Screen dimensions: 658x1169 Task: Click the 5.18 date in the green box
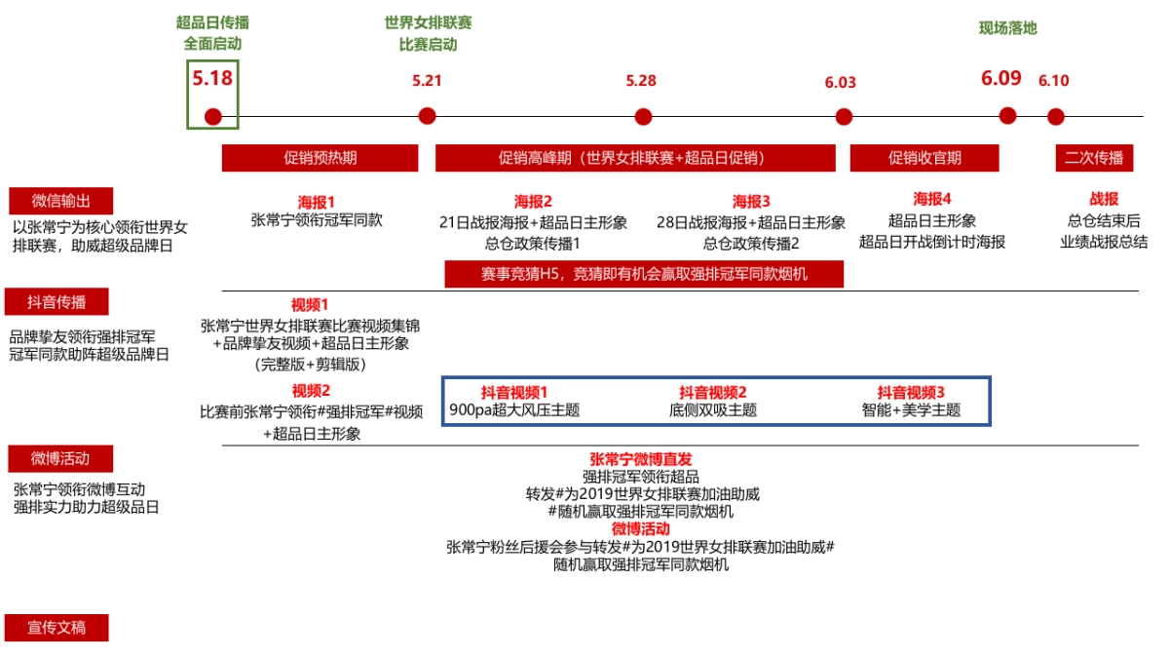point(212,77)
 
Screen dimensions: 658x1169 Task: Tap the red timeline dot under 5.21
point(427,116)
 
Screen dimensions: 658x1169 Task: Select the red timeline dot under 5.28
point(642,117)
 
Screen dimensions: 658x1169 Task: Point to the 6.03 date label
point(840,83)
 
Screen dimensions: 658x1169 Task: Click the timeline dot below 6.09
point(1007,116)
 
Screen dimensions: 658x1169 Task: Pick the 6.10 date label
point(1053,81)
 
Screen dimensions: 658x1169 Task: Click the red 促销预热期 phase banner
point(320,158)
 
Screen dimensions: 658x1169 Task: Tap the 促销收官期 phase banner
point(924,158)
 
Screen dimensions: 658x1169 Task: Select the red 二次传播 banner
point(1094,158)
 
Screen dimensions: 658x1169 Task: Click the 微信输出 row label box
point(61,201)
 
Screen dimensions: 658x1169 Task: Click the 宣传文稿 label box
point(57,628)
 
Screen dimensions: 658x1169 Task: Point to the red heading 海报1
point(317,202)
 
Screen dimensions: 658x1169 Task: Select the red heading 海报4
point(931,200)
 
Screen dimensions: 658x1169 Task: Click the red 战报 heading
point(1104,200)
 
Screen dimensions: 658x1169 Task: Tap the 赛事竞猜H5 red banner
point(644,274)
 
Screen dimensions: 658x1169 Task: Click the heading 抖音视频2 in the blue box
point(713,392)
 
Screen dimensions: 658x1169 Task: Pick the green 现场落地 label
point(1007,28)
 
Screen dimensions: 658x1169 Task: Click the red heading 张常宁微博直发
point(640,458)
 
